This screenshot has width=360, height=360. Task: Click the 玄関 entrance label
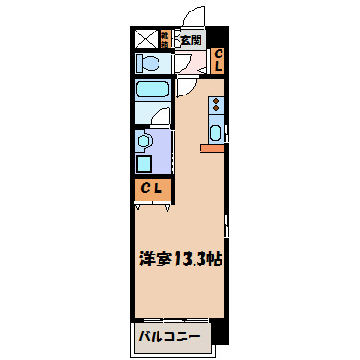tap(191, 40)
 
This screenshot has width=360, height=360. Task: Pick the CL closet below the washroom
tap(153, 188)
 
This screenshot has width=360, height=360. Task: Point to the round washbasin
tap(143, 141)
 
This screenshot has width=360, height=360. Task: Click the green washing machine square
tap(143, 162)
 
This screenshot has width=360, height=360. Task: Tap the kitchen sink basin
tap(216, 133)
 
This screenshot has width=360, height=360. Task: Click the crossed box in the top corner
tap(146, 39)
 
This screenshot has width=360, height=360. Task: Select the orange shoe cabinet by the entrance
tap(166, 40)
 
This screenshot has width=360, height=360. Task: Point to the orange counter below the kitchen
tap(213, 148)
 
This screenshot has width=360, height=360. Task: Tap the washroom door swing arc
tap(162, 118)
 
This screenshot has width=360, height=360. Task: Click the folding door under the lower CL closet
tap(153, 203)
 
